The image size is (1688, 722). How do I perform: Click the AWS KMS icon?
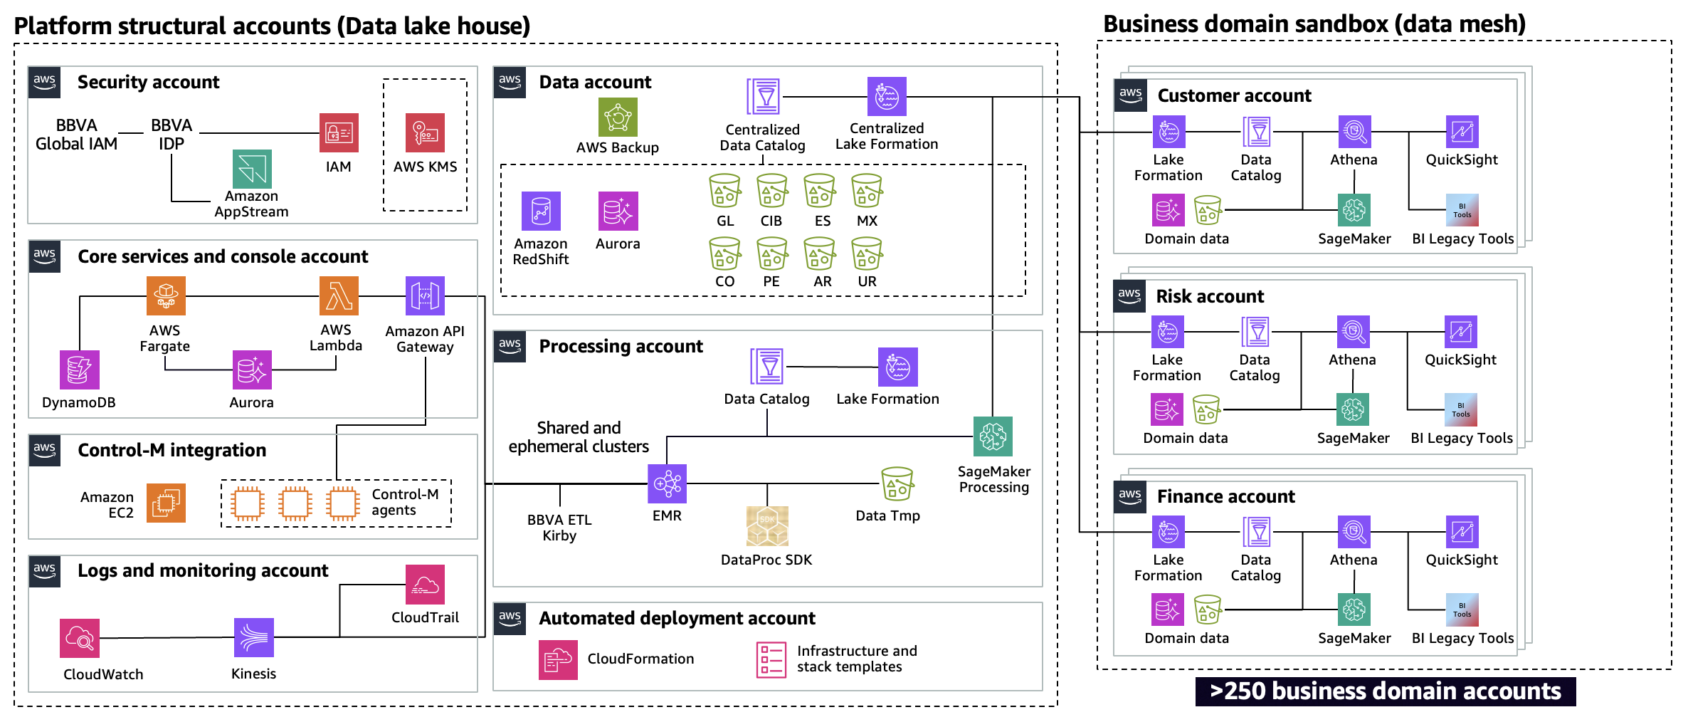coord(425,132)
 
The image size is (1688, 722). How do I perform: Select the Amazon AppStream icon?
coord(252,169)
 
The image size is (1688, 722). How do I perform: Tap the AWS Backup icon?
coord(618,117)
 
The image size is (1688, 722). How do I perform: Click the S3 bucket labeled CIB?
coord(771,191)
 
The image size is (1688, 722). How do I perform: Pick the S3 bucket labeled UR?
coord(867,253)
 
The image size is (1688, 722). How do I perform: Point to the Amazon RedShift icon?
coord(541,211)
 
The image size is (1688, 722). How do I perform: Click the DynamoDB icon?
coord(80,370)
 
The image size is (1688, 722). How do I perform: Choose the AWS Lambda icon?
coord(339,295)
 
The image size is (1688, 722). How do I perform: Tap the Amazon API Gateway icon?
coord(425,295)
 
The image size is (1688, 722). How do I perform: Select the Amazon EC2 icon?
coord(166,503)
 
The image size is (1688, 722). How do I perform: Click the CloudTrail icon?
coord(425,584)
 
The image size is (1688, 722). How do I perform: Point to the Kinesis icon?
coord(253,637)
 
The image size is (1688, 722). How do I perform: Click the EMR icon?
coord(667,483)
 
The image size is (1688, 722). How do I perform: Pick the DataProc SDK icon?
coord(767,526)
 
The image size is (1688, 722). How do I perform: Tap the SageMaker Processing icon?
coord(993,436)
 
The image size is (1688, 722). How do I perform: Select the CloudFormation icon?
coord(558,659)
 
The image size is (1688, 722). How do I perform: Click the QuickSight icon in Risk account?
coord(1460,333)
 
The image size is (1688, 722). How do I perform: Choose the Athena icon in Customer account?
coord(1354,132)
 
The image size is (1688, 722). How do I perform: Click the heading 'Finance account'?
coord(1225,496)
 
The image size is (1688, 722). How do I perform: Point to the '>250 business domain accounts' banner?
coord(1385,691)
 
